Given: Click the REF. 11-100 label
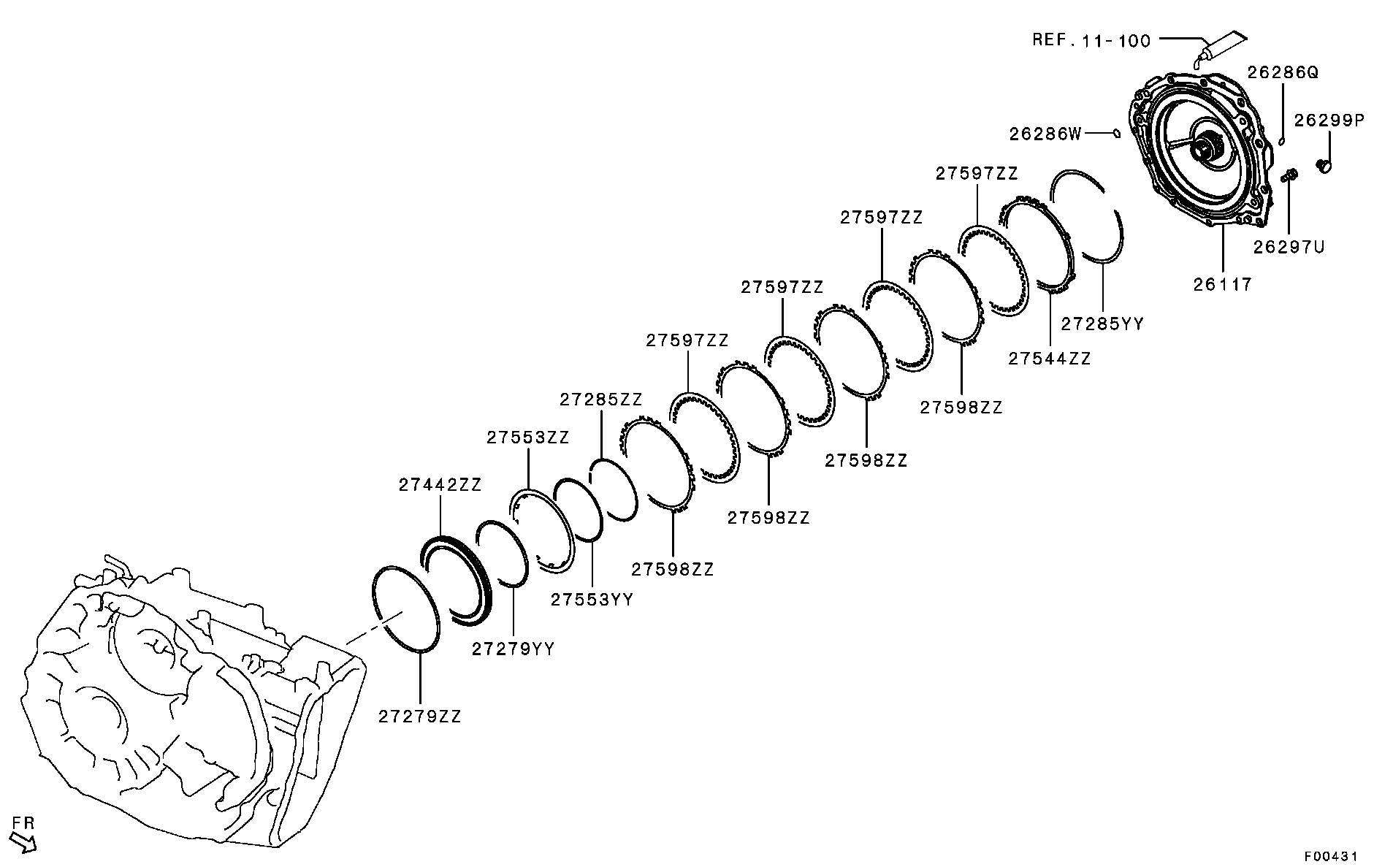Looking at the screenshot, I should point(1091,41).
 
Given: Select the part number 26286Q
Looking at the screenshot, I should point(1283,72).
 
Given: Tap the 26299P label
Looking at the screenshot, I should point(1329,121).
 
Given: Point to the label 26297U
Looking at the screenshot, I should point(1289,248).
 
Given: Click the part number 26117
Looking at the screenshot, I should point(1223,284).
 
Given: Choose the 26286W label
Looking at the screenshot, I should point(1045,134).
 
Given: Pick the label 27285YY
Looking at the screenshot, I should point(1102,324).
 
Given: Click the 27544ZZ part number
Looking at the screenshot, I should point(1049,359).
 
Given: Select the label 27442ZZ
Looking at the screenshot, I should point(440,485).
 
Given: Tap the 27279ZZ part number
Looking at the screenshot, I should point(420,717).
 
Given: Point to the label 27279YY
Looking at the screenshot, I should point(513,649).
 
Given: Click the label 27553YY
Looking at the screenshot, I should point(592,600).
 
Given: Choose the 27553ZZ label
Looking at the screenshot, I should point(528,438).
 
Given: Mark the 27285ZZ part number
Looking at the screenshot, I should point(601,400).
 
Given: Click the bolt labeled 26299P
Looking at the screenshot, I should point(1323,167).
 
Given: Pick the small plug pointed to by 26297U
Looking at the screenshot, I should point(1290,175).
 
